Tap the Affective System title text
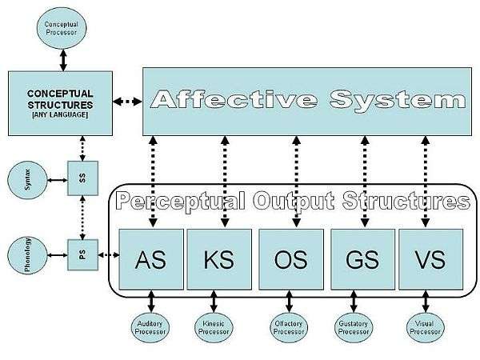308,101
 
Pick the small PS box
82,255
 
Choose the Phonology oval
25,256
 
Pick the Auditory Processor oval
150,326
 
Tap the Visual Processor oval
425,326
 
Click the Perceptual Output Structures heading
290,200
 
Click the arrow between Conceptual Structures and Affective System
128,102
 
